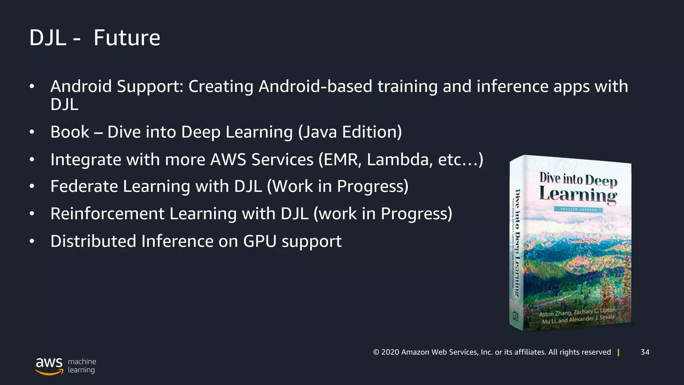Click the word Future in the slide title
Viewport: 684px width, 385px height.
coord(127,38)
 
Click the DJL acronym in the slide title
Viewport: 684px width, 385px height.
coord(48,38)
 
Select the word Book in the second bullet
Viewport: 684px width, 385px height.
coord(70,132)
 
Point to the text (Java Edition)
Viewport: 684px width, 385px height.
coord(350,132)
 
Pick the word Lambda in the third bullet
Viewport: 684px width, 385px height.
coord(397,159)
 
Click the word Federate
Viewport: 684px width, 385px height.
coord(84,186)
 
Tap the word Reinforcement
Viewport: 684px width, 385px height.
coord(108,214)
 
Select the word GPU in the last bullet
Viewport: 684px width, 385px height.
coord(260,241)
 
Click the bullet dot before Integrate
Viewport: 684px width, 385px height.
coord(32,160)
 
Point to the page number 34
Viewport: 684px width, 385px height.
coord(645,352)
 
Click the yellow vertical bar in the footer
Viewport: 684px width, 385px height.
coord(619,352)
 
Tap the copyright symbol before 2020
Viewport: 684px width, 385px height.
coord(376,352)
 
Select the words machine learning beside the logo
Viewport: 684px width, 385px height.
coord(82,366)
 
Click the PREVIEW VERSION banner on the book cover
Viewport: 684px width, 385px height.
coord(578,210)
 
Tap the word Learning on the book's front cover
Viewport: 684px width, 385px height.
coord(578,195)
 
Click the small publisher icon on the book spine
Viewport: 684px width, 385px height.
coord(515,316)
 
